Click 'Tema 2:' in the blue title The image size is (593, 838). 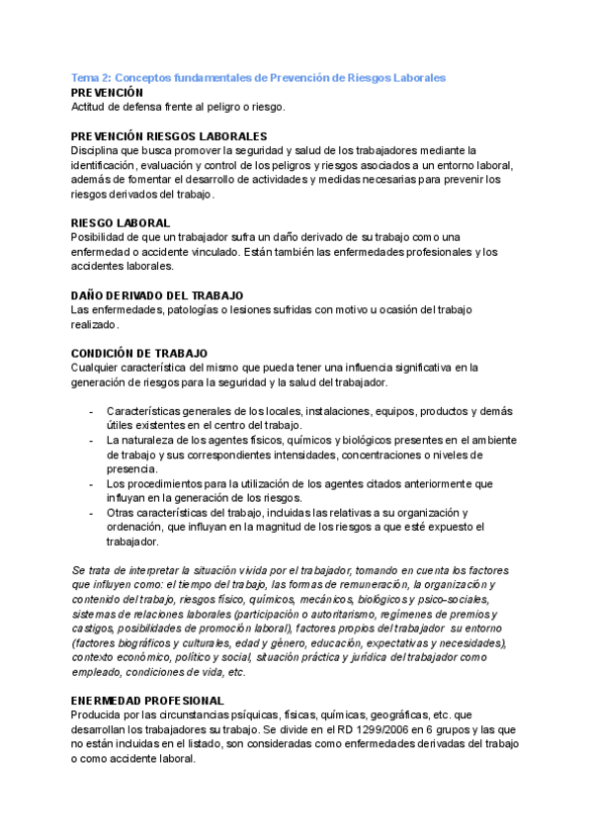coord(92,77)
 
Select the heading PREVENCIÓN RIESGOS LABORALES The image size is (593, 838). coord(169,135)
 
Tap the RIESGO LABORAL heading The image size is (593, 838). coord(121,223)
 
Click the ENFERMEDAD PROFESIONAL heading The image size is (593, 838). coord(148,701)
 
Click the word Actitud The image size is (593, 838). coord(91,107)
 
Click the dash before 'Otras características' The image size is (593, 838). coord(91,513)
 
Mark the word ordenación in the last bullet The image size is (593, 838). coord(136,527)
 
